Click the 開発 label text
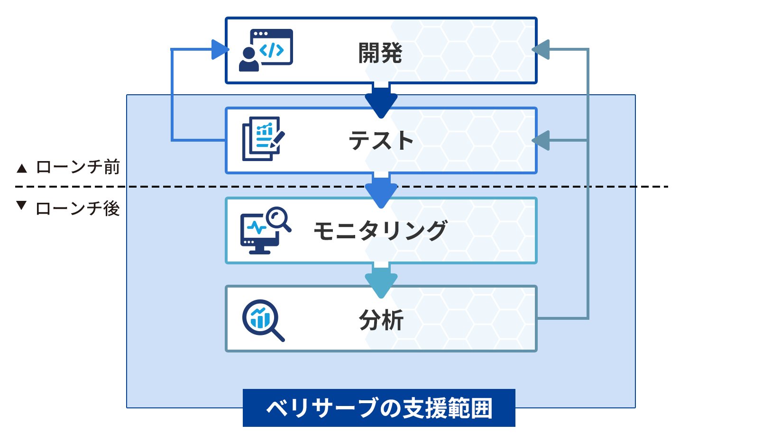tap(380, 53)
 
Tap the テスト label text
tap(381, 141)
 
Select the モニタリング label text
tap(380, 231)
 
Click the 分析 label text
tap(381, 320)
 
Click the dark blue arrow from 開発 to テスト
tap(381, 100)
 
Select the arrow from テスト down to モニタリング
tap(381, 190)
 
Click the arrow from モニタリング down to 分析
tap(381, 280)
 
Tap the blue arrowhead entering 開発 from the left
tap(220, 49)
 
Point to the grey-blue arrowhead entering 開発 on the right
tap(541, 49)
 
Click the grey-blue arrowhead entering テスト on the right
tap(541, 140)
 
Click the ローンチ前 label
tap(78, 167)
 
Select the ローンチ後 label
tap(78, 208)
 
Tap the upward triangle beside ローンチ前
tap(22, 168)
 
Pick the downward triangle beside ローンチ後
tap(21, 205)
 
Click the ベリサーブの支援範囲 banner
tap(378, 408)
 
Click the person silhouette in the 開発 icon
tap(248, 60)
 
